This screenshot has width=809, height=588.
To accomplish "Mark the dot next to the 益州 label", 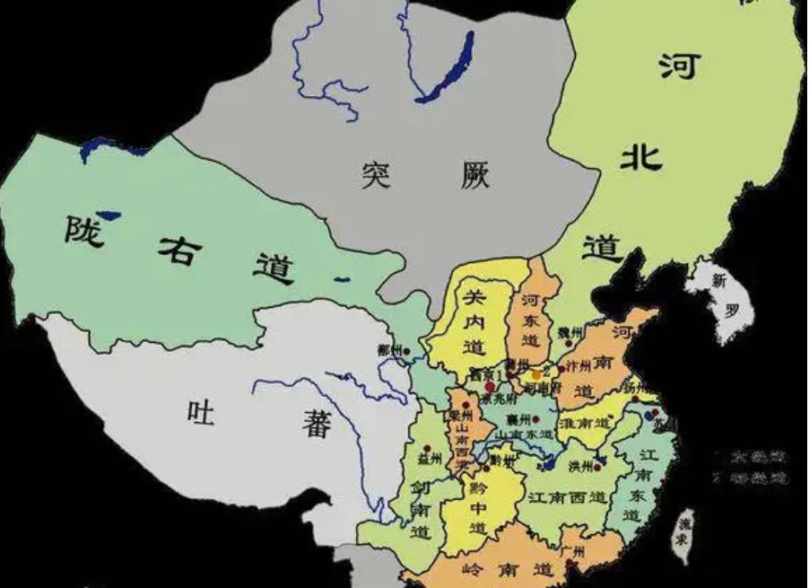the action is coord(428,446).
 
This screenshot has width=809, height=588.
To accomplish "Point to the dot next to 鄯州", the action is coord(406,350).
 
